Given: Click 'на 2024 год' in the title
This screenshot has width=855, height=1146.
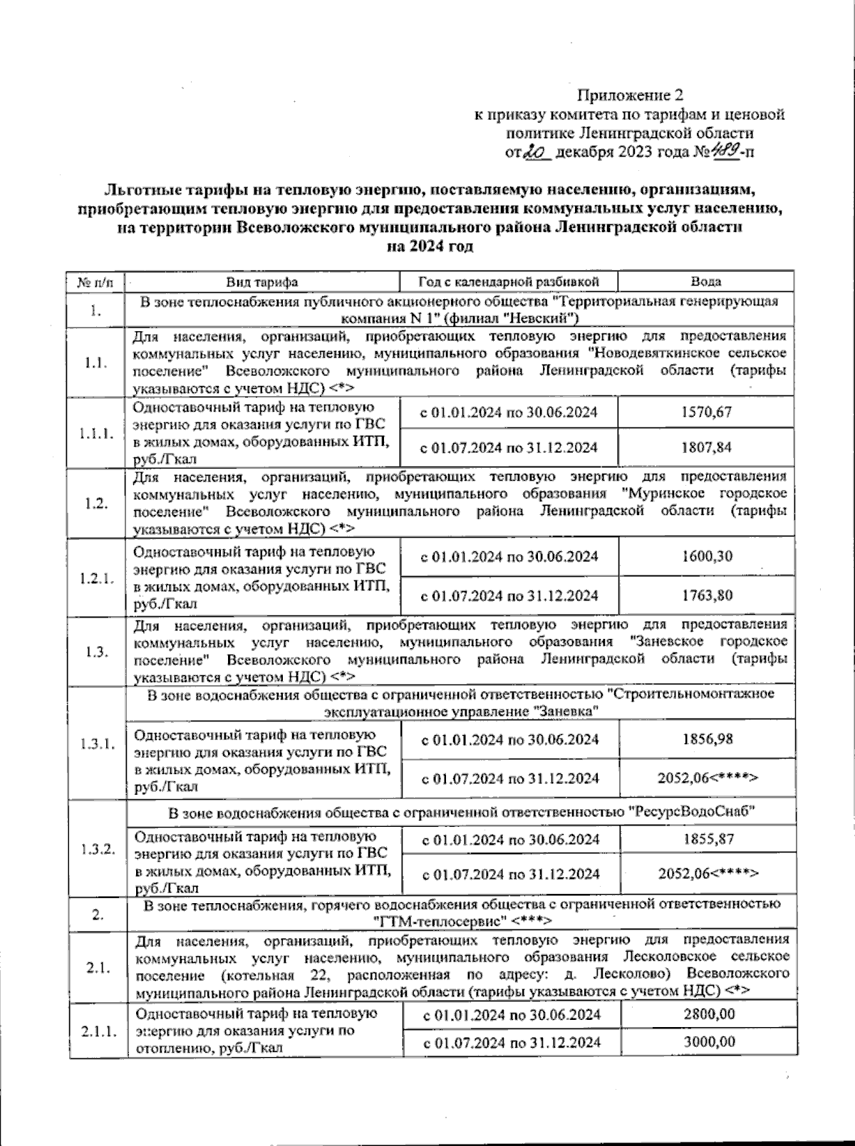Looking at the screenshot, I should (430, 246).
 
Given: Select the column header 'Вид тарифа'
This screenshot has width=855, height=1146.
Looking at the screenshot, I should (262, 282).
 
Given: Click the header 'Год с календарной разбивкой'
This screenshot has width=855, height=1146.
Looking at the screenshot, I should (509, 282).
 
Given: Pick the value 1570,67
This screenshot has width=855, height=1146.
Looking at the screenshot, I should (706, 412).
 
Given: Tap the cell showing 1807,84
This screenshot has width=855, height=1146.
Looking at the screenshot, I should (706, 448).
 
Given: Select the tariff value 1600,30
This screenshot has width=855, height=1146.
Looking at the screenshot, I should (706, 556).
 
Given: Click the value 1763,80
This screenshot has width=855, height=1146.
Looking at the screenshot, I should (706, 595).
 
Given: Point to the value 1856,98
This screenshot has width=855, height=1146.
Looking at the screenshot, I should (707, 739).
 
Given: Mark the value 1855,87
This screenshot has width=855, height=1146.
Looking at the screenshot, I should (708, 839).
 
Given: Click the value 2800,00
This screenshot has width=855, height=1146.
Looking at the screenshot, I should (709, 1014).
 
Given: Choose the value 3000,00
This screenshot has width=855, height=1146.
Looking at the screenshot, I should (709, 1042).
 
